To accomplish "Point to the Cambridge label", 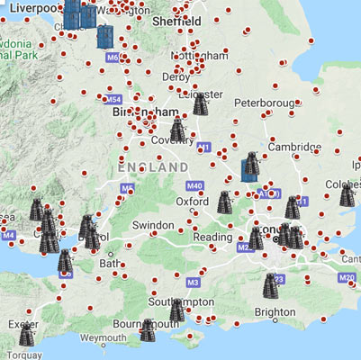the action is click(x=294, y=147).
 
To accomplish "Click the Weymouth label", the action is click(x=96, y=337).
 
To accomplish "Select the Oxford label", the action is click(x=193, y=202).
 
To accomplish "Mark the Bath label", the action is click(x=110, y=265).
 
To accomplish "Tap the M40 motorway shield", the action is click(x=196, y=185).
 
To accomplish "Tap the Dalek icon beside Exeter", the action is click(x=28, y=335).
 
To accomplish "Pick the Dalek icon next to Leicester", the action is click(x=202, y=102).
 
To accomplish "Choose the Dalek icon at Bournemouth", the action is click(x=148, y=330).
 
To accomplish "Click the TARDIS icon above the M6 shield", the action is click(x=105, y=35).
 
